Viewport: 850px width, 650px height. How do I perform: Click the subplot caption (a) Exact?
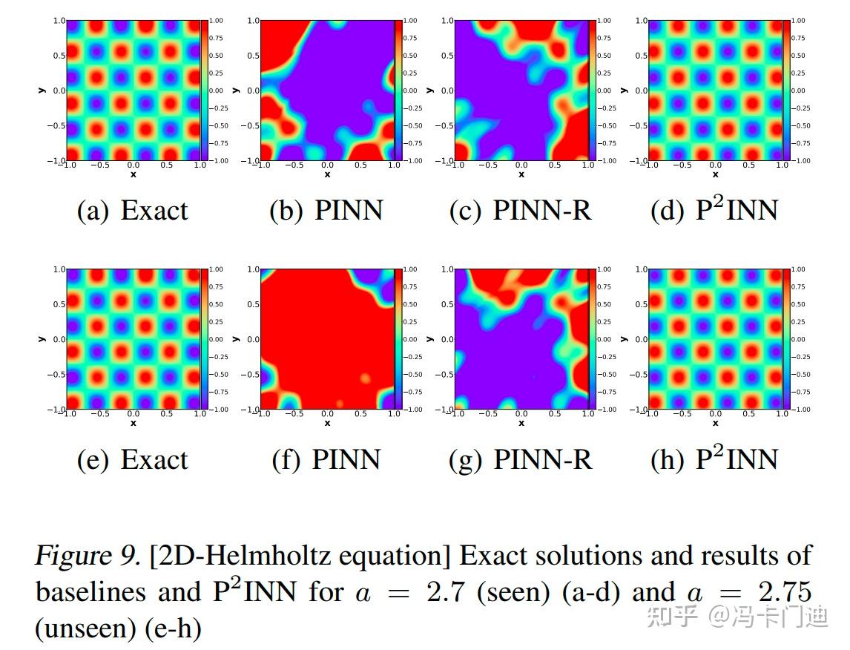click(x=133, y=211)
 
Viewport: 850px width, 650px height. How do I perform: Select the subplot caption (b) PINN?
click(x=326, y=211)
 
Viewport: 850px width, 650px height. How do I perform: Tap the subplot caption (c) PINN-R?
click(x=521, y=211)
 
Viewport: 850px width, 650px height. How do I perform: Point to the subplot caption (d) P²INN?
click(x=714, y=210)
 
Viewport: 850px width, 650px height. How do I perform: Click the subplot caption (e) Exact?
click(x=133, y=460)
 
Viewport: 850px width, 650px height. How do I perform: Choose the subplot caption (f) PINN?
click(x=326, y=460)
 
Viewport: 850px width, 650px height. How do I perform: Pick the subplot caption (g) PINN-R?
click(x=521, y=460)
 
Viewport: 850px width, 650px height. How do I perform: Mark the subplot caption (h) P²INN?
click(x=714, y=459)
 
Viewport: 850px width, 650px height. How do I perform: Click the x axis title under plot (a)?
click(x=134, y=174)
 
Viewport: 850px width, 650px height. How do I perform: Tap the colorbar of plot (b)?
click(x=398, y=90)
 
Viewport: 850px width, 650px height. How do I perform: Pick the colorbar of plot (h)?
click(x=787, y=339)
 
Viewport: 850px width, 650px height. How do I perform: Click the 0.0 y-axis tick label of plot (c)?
click(x=447, y=91)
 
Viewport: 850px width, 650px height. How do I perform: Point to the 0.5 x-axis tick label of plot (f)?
click(x=360, y=414)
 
